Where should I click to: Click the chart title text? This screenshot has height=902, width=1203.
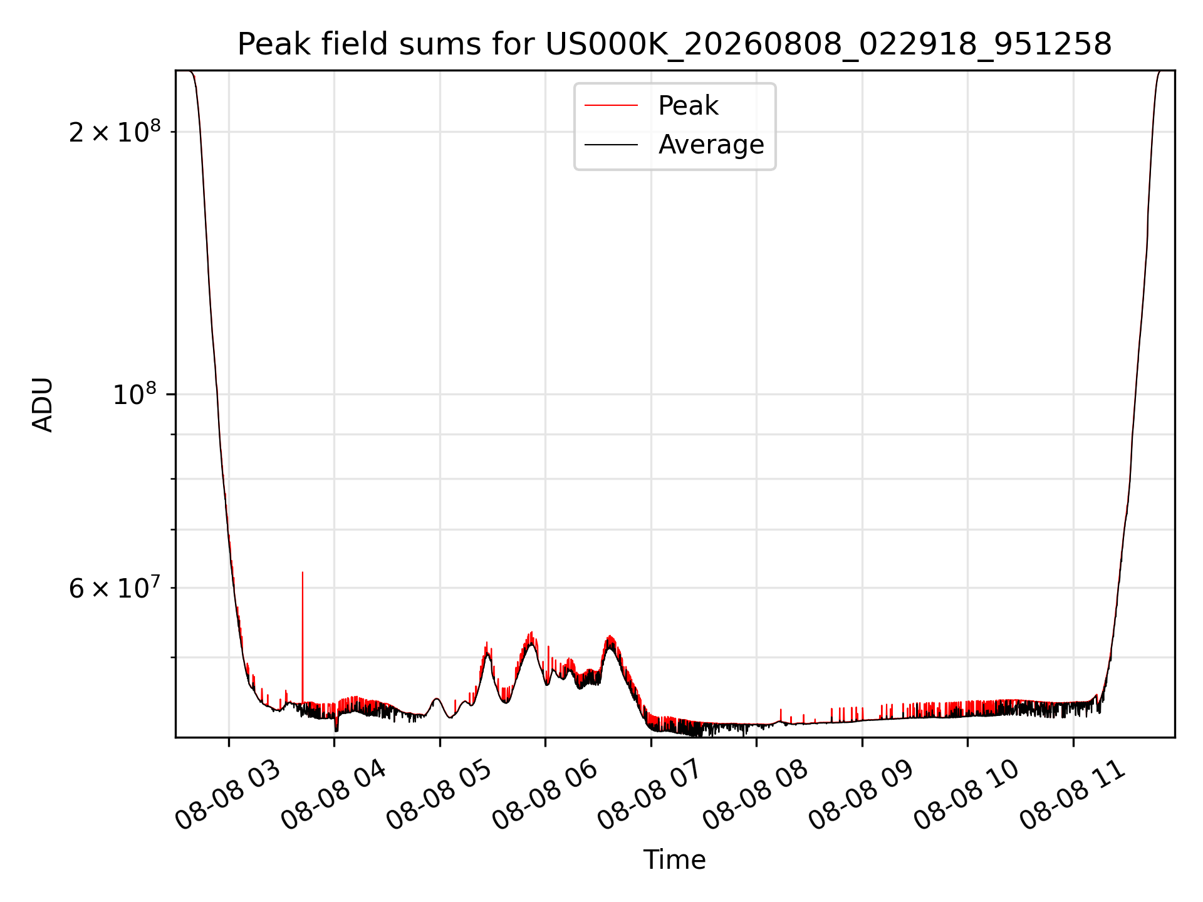click(674, 44)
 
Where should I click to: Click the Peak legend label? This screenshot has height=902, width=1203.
click(688, 106)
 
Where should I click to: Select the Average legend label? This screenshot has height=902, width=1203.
click(711, 145)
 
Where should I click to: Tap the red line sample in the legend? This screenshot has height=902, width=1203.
click(611, 106)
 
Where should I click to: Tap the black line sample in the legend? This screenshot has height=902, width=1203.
click(611, 145)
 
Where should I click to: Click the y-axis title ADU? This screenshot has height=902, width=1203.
click(43, 405)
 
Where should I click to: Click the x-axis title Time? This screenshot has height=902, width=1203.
click(674, 860)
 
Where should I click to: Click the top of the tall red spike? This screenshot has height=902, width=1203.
click(303, 572)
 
